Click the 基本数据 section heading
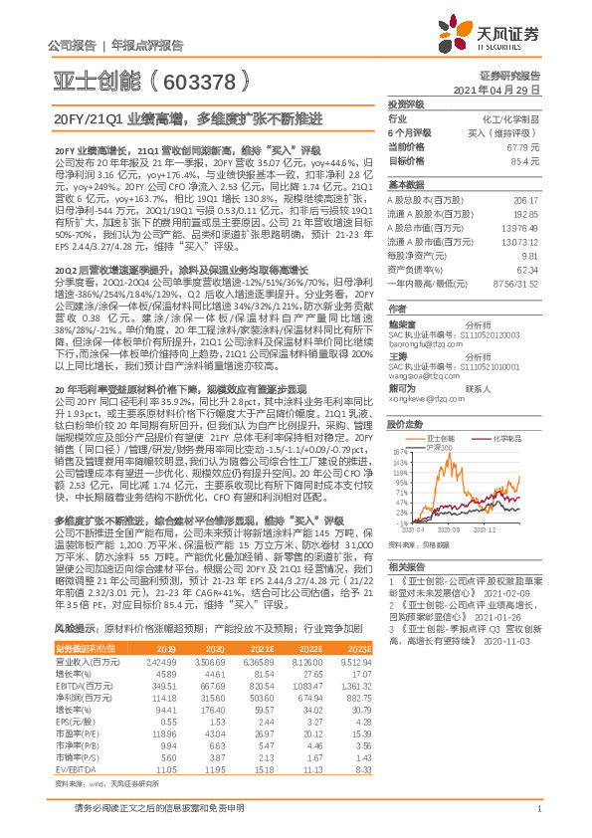click(x=405, y=185)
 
